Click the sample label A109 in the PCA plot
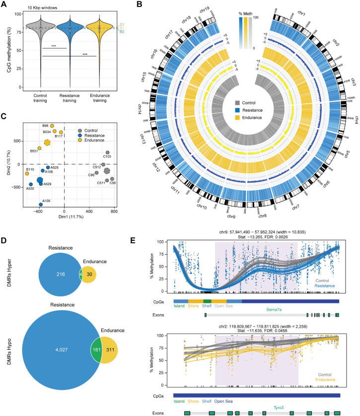46,201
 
